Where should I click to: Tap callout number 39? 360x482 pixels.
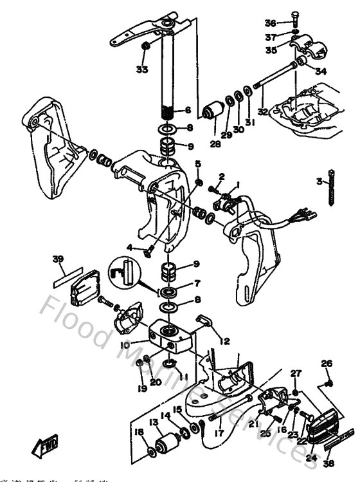(59, 259)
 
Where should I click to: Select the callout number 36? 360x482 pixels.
(270, 23)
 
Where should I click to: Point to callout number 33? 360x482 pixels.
(141, 69)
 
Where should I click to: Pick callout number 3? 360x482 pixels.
(319, 181)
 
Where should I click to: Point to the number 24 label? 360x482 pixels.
(311, 458)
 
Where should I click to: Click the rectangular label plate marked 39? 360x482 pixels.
(67, 277)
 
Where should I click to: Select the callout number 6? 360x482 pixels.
(188, 110)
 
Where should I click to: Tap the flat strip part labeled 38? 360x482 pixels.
(337, 442)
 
